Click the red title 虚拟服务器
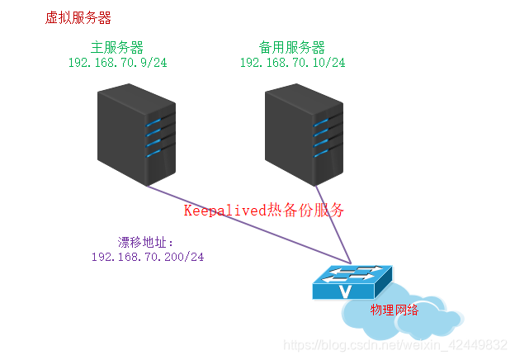point(78,17)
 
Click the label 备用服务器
point(292,47)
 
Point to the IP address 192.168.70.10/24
point(292,62)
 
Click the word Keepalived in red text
point(224,210)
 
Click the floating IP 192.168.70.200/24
point(148,257)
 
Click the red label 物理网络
point(395,310)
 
